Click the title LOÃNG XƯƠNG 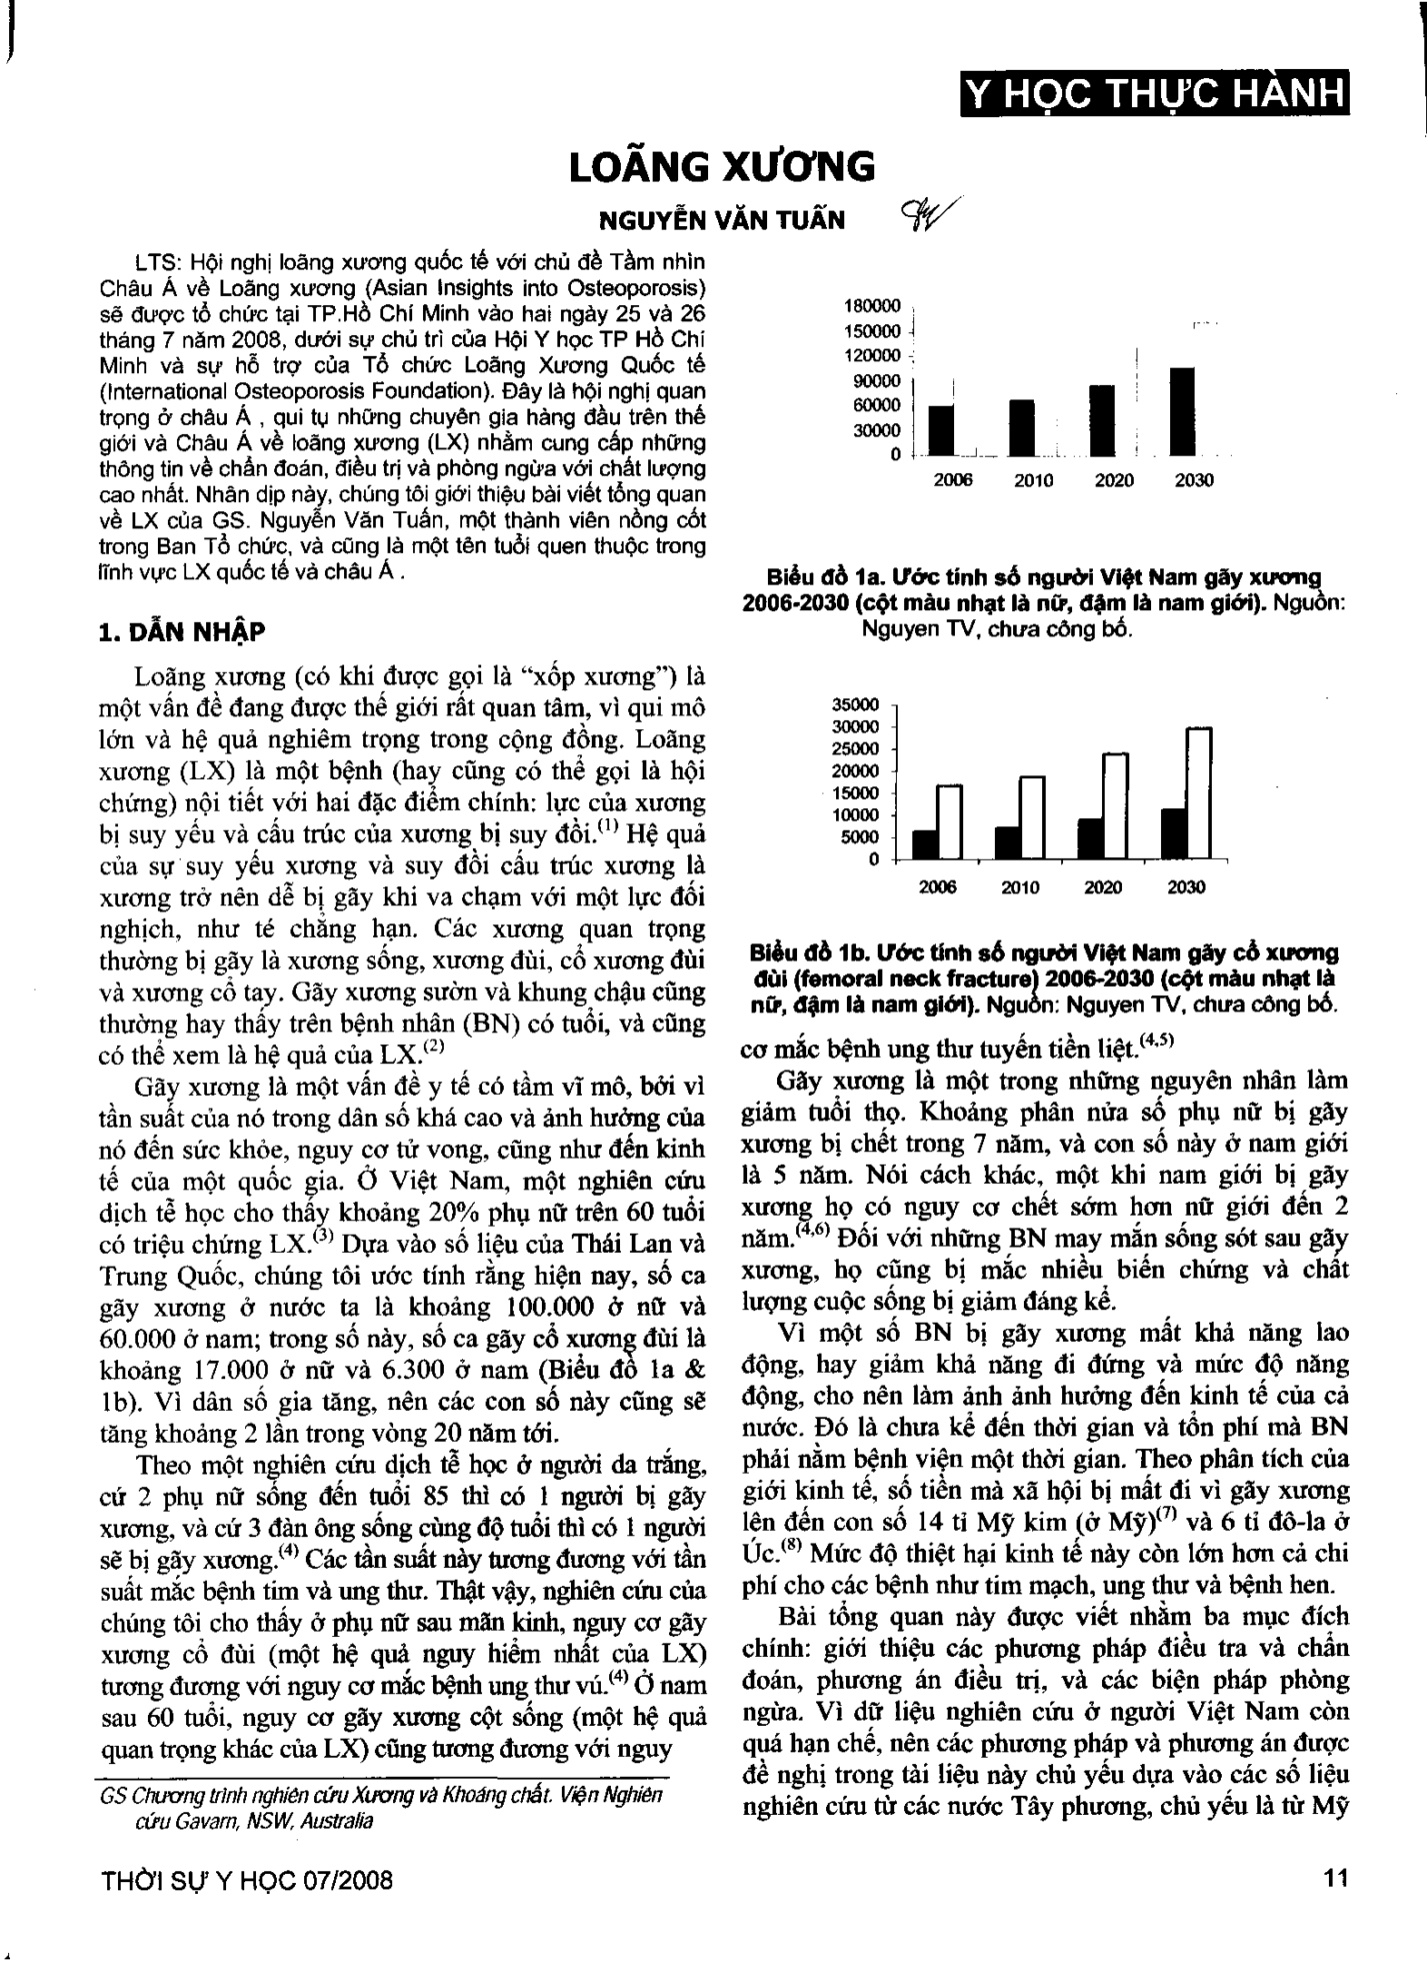(x=722, y=168)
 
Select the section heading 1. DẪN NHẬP (x=182, y=632)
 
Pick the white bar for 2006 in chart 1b (x=950, y=822)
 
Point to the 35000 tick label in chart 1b (x=855, y=705)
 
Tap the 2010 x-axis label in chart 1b (x=1020, y=887)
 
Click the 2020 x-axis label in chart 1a (x=1114, y=480)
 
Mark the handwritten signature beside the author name (x=918, y=215)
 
